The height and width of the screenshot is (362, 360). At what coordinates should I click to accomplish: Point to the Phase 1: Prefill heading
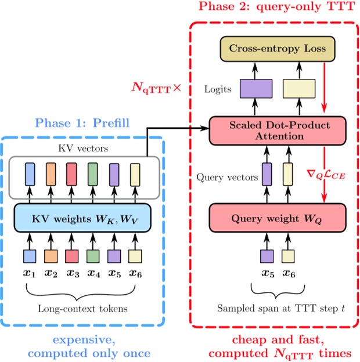tap(82, 123)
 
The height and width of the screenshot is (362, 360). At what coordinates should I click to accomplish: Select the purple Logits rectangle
tap(257, 89)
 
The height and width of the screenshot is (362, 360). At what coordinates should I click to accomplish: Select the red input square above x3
tap(72, 255)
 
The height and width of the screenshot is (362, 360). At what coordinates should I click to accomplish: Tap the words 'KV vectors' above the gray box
tap(82, 148)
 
